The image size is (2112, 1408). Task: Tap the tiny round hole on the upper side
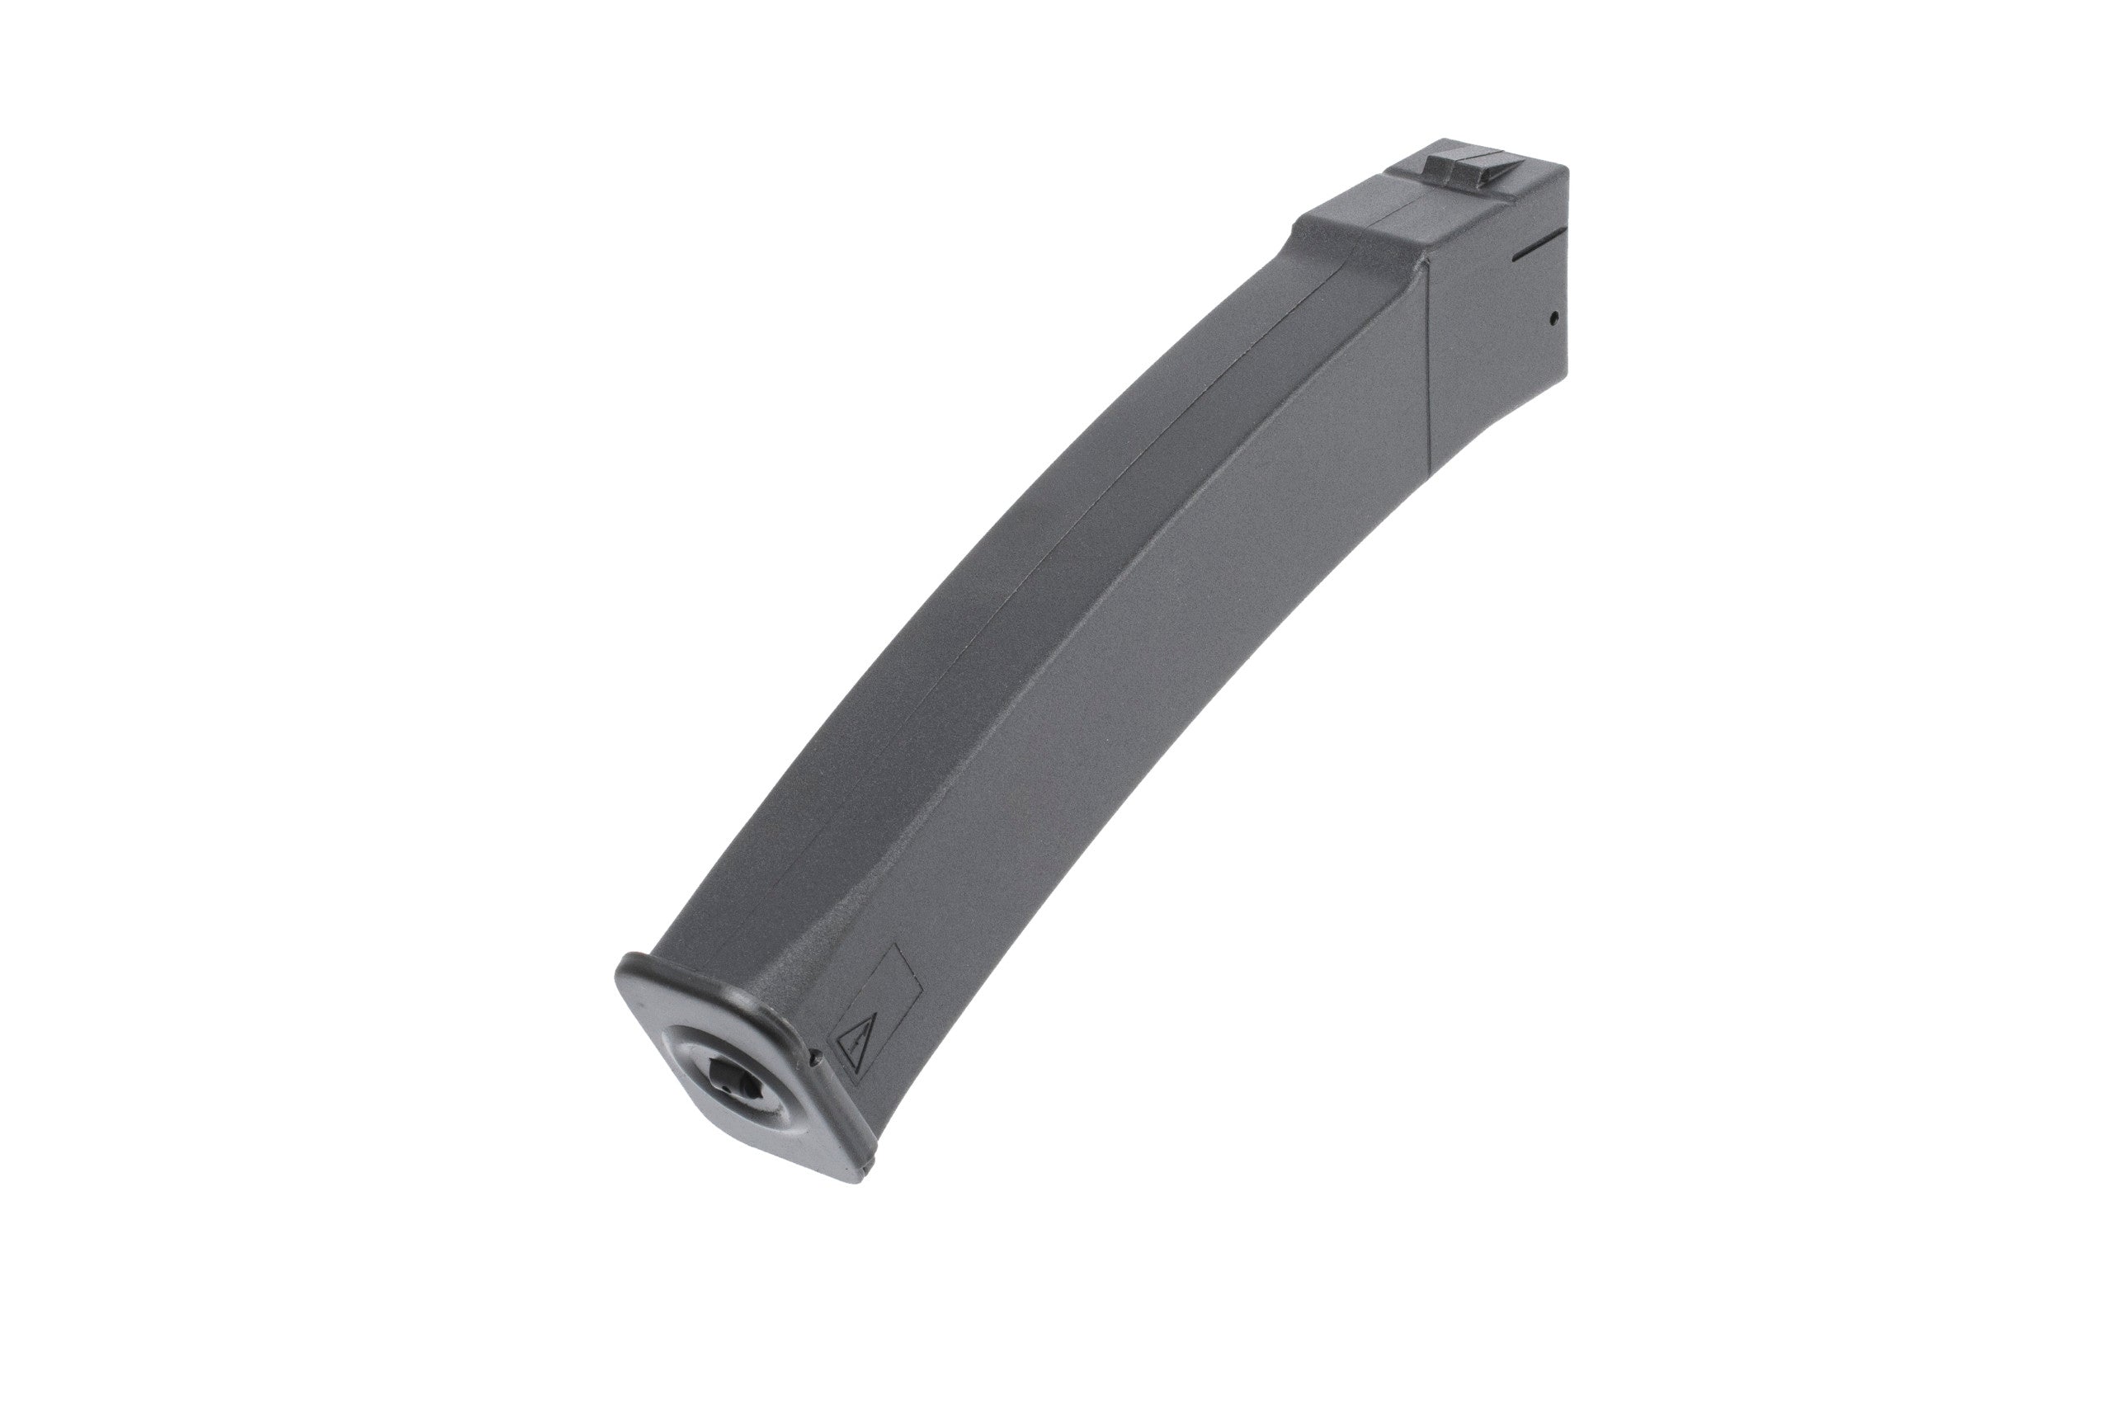1552,316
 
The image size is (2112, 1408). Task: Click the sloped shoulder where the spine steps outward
1293,238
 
